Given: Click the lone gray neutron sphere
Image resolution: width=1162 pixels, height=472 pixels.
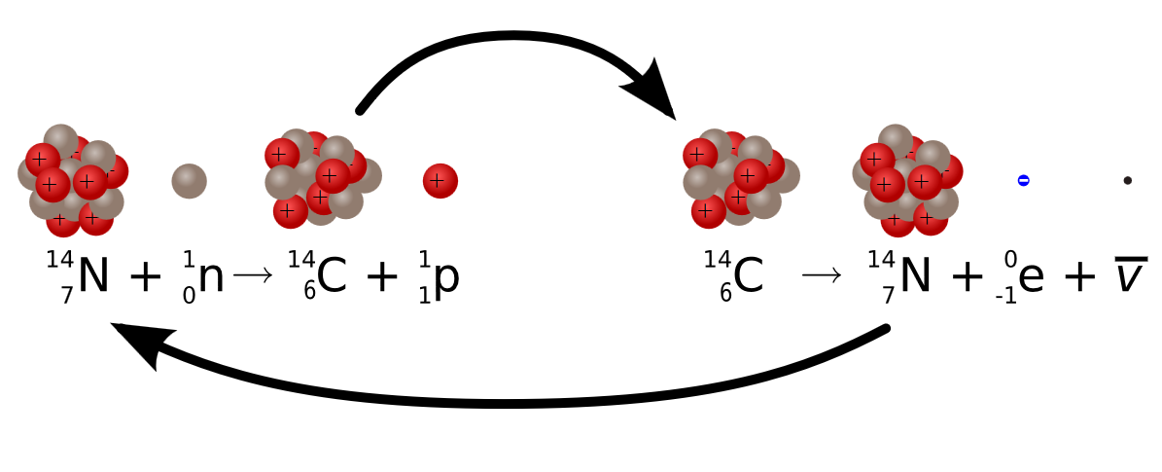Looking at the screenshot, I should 190,180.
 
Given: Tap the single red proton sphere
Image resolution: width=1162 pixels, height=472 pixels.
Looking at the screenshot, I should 440,180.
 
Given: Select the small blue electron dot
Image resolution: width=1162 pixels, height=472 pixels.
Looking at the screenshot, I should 1023,180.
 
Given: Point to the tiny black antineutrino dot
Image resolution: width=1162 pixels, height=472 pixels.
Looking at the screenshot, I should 1127,180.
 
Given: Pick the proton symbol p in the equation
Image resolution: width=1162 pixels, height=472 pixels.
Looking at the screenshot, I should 445,280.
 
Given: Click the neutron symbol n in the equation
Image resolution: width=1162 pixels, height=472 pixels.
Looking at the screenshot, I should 210,277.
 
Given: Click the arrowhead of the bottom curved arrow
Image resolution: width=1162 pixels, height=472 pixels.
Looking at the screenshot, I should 136,345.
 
